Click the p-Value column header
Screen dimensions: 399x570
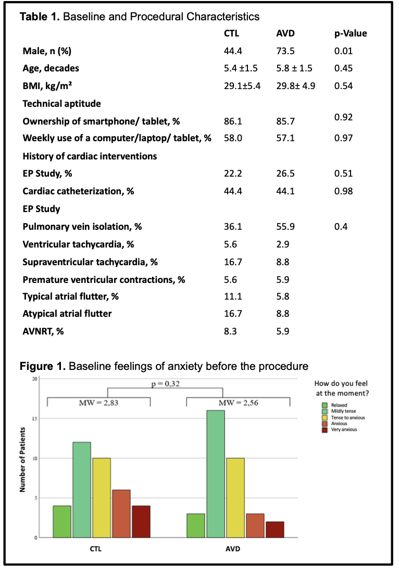351,33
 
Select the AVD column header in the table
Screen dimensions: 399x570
285,33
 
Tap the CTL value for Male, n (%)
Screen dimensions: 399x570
233,51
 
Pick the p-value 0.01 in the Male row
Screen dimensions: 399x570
343,51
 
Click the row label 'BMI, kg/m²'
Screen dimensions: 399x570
47,86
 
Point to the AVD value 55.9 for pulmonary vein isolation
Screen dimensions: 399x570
285,227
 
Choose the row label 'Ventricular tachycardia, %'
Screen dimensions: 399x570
78,244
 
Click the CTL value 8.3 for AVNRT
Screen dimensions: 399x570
230,331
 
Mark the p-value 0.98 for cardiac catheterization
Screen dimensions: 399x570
343,191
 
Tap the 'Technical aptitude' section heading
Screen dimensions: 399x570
62,104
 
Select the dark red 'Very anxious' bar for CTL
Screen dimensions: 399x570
141,522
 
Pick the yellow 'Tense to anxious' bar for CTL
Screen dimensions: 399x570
102,498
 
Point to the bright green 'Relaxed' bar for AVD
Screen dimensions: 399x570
196,526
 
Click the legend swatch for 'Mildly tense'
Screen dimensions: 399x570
325,412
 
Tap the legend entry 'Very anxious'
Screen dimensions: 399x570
344,430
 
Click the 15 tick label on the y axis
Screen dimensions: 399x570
35,419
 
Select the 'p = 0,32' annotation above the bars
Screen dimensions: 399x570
165,384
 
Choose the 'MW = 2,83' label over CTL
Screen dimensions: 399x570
98,403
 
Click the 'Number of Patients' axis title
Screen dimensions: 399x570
22,460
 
